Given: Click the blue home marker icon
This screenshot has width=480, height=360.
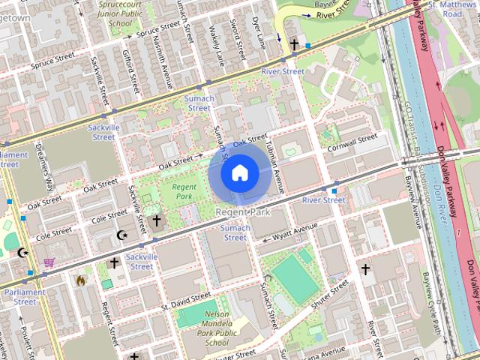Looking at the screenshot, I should (239, 173).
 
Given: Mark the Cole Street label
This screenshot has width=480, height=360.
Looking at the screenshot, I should (109, 217).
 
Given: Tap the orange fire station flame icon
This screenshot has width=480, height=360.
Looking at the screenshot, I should (80, 280).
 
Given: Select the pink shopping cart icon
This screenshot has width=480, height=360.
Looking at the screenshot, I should (49, 262).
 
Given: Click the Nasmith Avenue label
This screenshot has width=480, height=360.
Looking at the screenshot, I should (166, 57).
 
